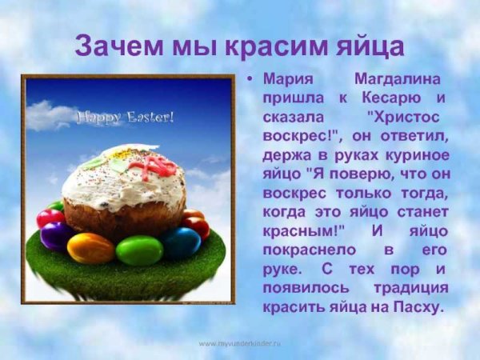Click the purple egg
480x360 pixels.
point(55,235)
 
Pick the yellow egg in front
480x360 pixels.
point(90,249)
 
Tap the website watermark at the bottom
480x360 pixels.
point(239,342)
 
